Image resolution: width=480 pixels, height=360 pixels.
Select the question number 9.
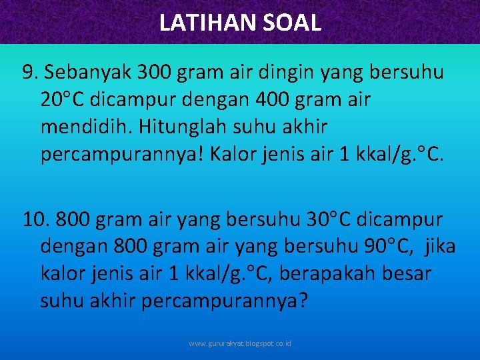[31, 73]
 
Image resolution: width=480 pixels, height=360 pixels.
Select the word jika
[439, 247]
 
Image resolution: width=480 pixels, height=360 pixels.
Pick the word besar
[407, 273]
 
